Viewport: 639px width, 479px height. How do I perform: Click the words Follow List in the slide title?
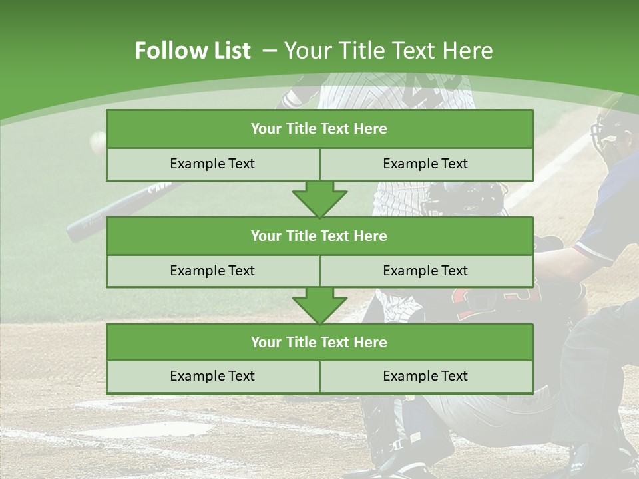[x=192, y=51]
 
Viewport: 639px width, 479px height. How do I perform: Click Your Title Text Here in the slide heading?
[x=388, y=51]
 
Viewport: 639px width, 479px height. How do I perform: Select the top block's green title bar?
[x=319, y=129]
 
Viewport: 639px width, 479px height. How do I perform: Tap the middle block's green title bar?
[x=319, y=236]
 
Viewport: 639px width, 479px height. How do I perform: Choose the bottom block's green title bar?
[x=319, y=342]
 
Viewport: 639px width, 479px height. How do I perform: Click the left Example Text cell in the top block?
[x=212, y=164]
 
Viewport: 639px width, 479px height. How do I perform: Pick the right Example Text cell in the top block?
[x=425, y=164]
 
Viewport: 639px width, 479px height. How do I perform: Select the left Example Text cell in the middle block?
[x=212, y=271]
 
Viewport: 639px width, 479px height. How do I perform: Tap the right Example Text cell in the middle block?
[x=425, y=271]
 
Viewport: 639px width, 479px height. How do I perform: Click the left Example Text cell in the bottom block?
[x=212, y=376]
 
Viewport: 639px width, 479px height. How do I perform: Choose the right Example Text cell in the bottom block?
[x=425, y=376]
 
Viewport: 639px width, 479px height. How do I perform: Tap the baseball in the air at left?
[x=98, y=139]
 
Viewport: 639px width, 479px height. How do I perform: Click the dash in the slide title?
[x=270, y=51]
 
